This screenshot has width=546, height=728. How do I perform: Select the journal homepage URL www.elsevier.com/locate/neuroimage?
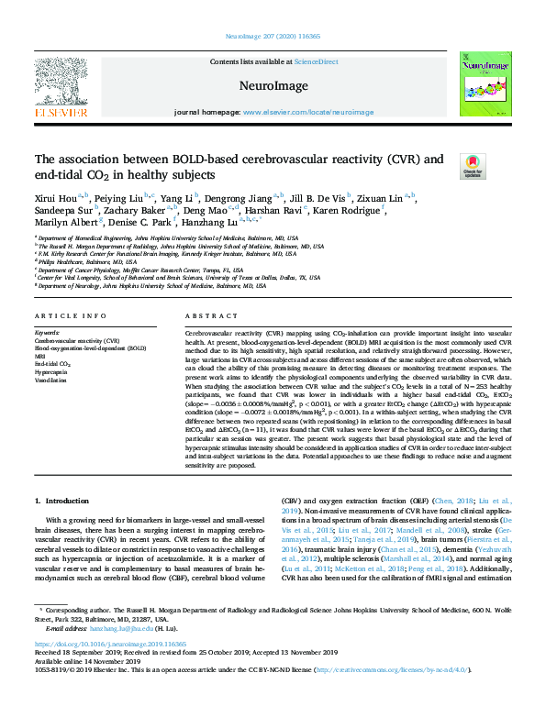(x=308, y=112)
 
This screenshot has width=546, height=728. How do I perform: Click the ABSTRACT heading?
(x=206, y=315)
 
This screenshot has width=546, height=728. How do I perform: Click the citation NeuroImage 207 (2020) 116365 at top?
(x=273, y=36)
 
